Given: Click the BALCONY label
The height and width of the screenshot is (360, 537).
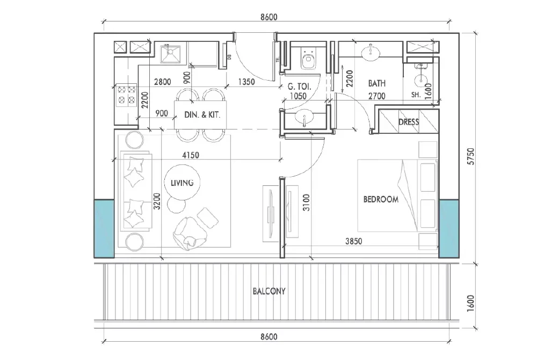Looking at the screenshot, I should tap(268, 291).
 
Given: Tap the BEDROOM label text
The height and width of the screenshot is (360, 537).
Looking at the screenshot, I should tap(381, 199).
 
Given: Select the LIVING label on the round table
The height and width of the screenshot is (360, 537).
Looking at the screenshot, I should tap(182, 183).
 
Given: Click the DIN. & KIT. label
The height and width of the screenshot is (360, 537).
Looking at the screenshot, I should tap(202, 114).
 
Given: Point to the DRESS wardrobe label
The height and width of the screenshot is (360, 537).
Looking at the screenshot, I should tap(409, 122).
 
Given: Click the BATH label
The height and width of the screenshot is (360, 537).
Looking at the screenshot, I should tap(376, 84).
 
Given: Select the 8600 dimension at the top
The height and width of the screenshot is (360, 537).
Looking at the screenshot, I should tap(268, 17).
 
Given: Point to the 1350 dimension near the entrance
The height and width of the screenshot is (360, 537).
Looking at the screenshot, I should tap(246, 82).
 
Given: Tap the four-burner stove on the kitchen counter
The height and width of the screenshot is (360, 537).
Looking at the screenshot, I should tap(126, 95).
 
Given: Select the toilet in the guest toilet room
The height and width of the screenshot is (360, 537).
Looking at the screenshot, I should tap(308, 60).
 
